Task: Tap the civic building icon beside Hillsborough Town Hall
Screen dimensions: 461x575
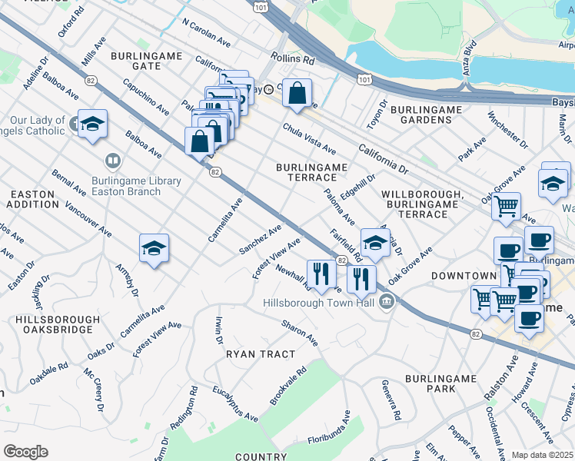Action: pyautogui.click(x=387, y=300)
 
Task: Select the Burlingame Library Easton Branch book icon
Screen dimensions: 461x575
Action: pyautogui.click(x=112, y=161)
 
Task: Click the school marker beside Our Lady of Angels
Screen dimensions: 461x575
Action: pyautogui.click(x=92, y=124)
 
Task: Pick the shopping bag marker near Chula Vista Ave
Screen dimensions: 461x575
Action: pyautogui.click(x=297, y=95)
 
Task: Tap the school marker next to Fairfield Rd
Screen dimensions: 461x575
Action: pyautogui.click(x=374, y=244)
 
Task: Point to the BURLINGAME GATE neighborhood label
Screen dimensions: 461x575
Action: pyautogui.click(x=146, y=61)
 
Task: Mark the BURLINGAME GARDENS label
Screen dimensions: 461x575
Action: pyautogui.click(x=426, y=115)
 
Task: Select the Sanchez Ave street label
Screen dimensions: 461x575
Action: pyautogui.click(x=260, y=239)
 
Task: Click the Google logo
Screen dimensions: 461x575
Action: pyautogui.click(x=25, y=452)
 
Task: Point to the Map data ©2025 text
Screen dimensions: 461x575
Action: pyautogui.click(x=543, y=455)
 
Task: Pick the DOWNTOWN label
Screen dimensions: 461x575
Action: pyautogui.click(x=464, y=275)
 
